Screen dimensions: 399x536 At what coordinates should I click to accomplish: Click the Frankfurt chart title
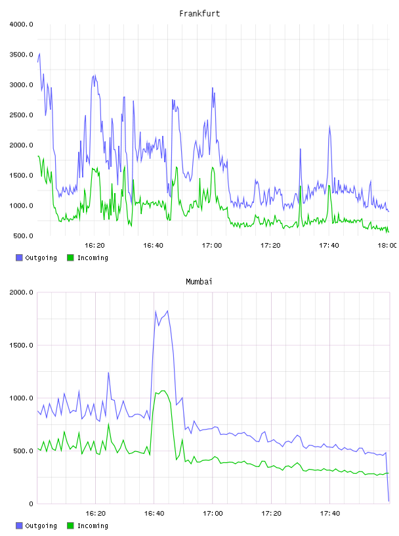199,14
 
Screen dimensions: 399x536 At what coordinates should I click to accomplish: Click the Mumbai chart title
199,282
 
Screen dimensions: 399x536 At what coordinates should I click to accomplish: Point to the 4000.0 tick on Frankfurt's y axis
22,24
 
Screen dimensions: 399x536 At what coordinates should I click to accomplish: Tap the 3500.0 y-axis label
22,55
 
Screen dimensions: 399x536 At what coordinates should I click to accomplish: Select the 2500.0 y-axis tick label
22,115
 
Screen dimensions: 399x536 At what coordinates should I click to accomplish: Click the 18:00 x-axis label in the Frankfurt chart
387,245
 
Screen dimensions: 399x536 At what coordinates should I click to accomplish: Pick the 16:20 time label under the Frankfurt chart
94,245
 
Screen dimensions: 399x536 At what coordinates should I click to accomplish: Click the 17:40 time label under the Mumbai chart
330,513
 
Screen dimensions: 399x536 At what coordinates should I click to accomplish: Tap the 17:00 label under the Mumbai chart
213,513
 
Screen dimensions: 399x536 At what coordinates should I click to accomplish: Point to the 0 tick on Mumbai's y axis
31,504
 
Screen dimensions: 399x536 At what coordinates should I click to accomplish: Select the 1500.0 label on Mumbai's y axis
22,346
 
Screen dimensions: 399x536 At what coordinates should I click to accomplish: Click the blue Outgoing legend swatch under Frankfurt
19,257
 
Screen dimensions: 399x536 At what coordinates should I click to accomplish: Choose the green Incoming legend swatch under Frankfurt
70,257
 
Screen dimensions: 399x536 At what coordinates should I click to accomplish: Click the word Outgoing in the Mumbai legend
41,525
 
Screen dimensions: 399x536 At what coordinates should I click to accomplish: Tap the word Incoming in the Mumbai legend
93,525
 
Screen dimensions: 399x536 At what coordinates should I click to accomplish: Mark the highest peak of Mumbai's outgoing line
167,311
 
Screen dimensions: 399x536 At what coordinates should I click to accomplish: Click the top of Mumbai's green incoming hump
163,390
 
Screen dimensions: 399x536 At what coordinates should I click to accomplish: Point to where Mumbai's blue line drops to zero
388,501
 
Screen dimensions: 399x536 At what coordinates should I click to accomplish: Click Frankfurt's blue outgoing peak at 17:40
329,127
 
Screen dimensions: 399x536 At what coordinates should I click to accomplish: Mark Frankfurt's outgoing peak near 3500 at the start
39,54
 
